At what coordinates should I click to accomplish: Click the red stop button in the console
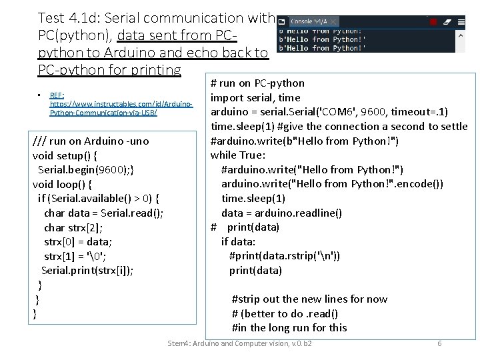(x=433, y=22)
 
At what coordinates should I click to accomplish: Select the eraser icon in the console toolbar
(x=446, y=22)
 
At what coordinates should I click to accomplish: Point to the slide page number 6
(x=439, y=343)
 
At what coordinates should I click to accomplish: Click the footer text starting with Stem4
(x=240, y=343)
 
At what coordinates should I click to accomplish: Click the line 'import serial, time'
(x=255, y=97)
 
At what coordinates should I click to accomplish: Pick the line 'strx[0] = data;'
(x=78, y=241)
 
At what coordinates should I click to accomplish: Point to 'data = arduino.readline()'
(x=281, y=213)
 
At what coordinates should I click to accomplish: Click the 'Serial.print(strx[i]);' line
(x=87, y=270)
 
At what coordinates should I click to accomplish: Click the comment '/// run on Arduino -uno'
(x=91, y=141)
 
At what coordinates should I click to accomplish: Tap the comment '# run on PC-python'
(x=257, y=83)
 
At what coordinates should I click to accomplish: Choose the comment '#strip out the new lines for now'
(x=309, y=299)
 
